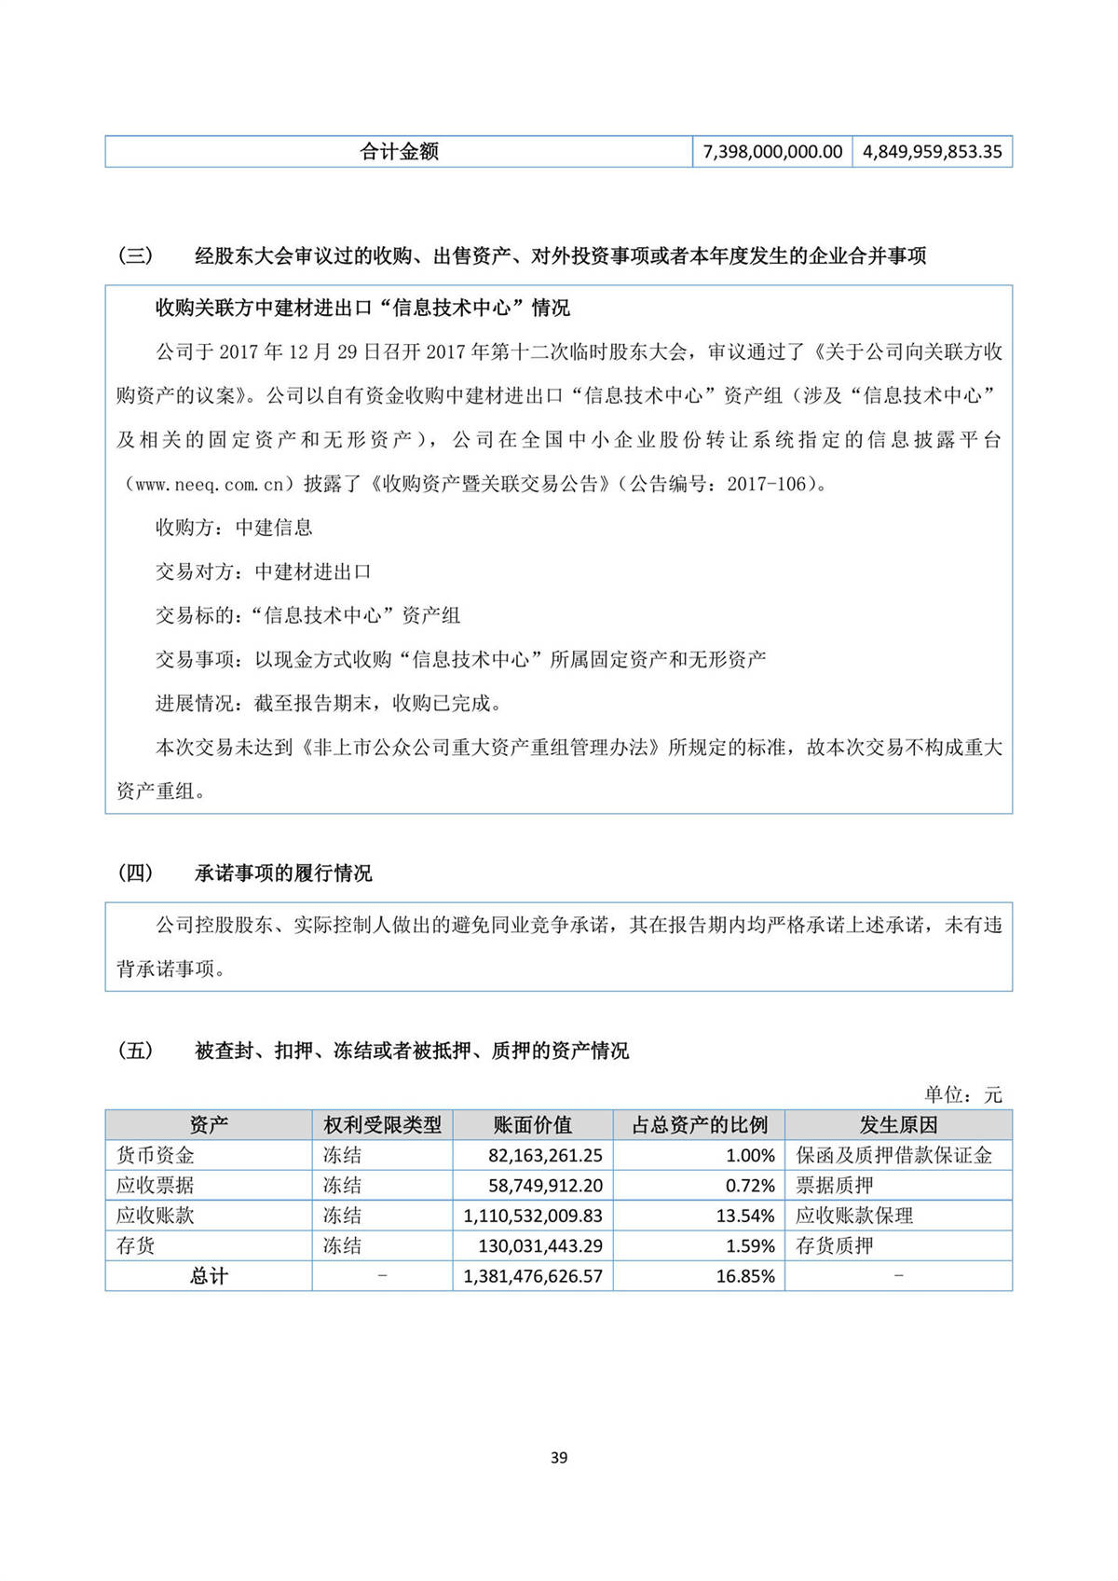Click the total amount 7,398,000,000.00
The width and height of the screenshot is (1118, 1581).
[772, 152]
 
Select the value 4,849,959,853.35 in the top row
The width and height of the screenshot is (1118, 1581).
[932, 152]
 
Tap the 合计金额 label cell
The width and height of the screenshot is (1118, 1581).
[399, 152]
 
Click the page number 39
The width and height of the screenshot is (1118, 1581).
[559, 1458]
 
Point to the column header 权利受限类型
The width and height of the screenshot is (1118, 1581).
[382, 1125]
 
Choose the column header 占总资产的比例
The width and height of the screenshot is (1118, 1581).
[699, 1125]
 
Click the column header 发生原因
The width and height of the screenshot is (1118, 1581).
[898, 1125]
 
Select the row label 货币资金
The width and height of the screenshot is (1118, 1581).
[156, 1156]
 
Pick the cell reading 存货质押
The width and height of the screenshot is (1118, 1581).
[835, 1246]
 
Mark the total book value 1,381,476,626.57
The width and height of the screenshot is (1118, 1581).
[533, 1276]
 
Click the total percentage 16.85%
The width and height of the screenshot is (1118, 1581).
[745, 1276]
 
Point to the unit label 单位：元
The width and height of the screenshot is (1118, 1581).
[962, 1094]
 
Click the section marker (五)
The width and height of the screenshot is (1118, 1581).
[135, 1051]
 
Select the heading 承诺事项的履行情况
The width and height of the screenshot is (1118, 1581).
[283, 873]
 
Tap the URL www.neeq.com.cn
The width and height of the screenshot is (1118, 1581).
[210, 485]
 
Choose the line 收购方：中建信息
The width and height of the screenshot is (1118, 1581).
[234, 528]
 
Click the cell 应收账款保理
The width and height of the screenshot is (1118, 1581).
[854, 1216]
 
